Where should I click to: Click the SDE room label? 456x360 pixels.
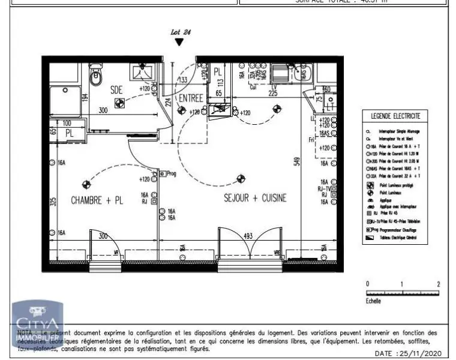click(116, 89)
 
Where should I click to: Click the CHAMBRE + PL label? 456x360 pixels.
click(97, 200)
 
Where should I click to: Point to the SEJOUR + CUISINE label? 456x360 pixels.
click(255, 197)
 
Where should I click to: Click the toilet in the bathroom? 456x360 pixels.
click(96, 76)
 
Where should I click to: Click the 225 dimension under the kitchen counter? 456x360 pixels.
click(272, 93)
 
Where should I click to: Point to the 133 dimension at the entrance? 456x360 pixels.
click(183, 80)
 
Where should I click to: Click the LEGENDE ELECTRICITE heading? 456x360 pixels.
click(395, 116)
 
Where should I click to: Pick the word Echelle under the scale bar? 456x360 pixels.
click(373, 301)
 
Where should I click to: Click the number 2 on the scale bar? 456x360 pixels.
click(439, 284)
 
